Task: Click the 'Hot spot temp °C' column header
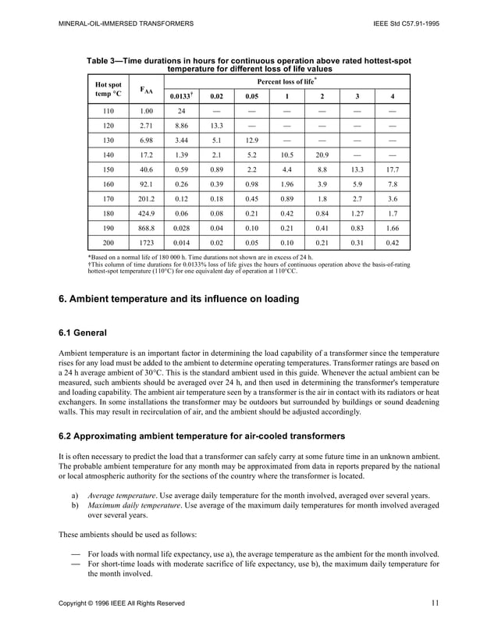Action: point(108,88)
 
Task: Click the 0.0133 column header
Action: point(180,96)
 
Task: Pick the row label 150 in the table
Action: point(108,169)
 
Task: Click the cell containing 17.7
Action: point(392,169)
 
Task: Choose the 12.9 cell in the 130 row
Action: point(252,140)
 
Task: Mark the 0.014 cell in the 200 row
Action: point(180,242)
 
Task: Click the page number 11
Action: point(435,602)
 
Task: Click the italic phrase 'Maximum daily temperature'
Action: point(133,505)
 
